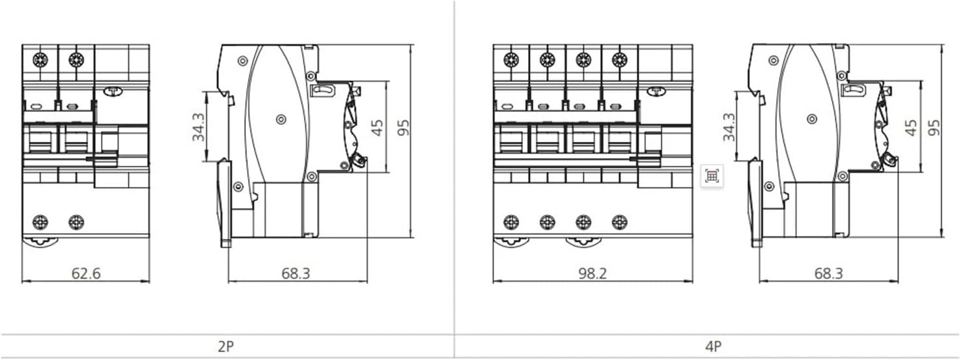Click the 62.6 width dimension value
point(86,273)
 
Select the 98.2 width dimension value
point(592,273)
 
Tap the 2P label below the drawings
point(226,346)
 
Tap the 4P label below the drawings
point(713,346)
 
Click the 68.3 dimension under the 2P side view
point(296,273)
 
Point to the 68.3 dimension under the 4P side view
point(828,273)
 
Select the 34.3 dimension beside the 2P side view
point(199,127)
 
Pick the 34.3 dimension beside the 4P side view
point(729,127)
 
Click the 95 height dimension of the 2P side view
point(403,128)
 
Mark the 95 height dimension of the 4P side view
point(934,128)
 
